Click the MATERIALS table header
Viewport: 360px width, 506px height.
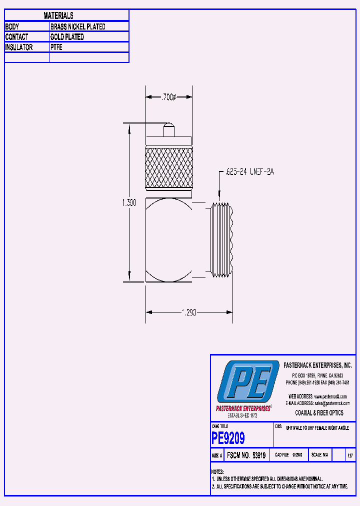[x=58, y=16]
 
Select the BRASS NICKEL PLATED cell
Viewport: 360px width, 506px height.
[x=77, y=26]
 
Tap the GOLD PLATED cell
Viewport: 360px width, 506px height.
[x=67, y=37]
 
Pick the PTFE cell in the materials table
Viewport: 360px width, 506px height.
[x=56, y=47]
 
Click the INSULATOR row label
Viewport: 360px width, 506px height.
[x=19, y=47]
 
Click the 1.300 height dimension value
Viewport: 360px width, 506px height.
[x=129, y=203]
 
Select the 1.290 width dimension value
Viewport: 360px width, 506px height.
[x=188, y=312]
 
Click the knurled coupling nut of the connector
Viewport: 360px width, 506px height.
[x=168, y=168]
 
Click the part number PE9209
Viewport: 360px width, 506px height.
[x=228, y=438]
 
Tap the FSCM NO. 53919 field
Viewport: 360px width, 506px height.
[x=245, y=455]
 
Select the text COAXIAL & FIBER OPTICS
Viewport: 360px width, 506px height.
[x=319, y=413]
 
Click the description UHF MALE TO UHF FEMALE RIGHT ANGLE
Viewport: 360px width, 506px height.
[x=317, y=428]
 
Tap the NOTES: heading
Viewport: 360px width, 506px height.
[x=217, y=472]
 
